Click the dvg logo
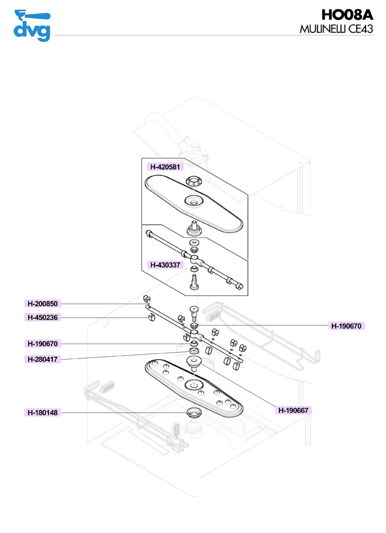tap(31, 25)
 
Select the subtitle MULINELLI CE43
tap(336, 29)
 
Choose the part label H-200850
tap(43, 303)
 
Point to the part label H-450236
tap(43, 317)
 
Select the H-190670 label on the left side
tap(43, 344)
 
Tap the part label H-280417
tap(43, 360)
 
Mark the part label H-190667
tap(293, 410)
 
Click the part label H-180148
tap(43, 413)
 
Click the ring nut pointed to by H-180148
tap(194, 412)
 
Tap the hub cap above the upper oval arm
tap(193, 181)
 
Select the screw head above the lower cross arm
tap(195, 309)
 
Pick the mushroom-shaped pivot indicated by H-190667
tap(194, 362)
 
